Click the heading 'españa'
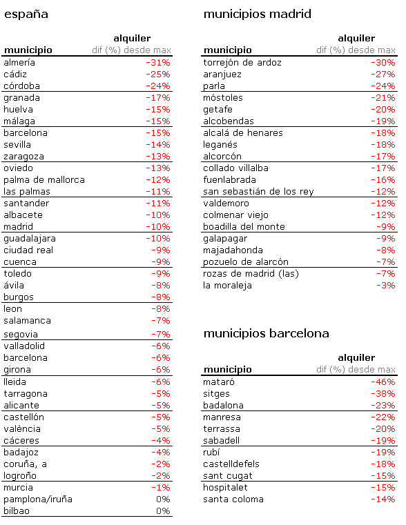click(x=26, y=14)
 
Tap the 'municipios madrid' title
click(x=258, y=14)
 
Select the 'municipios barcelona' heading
click(x=266, y=334)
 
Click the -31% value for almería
click(x=157, y=63)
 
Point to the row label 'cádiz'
click(x=17, y=75)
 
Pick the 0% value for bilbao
click(x=162, y=511)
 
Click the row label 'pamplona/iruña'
click(x=38, y=499)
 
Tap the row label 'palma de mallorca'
click(x=44, y=180)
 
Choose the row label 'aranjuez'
click(x=222, y=75)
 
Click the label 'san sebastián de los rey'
click(x=258, y=192)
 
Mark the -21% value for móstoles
click(x=383, y=98)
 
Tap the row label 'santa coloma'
click(x=233, y=499)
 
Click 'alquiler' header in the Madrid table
click(x=356, y=39)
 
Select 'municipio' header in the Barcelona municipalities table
click(x=228, y=370)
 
